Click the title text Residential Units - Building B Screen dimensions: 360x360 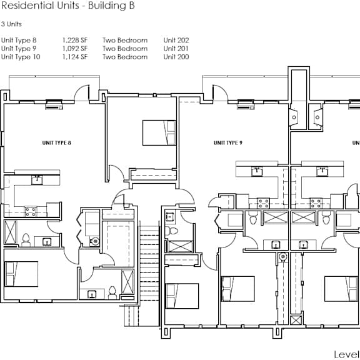67,6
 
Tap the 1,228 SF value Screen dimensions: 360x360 75,40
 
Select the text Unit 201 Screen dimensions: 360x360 176,49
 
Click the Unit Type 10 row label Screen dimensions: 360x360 21,57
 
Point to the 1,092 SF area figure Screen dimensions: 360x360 75,49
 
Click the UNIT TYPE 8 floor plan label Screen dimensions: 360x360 57,142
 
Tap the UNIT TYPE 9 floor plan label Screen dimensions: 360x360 228,142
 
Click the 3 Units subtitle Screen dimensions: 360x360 11,24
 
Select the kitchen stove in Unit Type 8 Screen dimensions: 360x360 31,211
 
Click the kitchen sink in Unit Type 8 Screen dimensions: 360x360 37,180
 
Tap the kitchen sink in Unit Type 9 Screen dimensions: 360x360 257,171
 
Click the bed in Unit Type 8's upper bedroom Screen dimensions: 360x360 159,132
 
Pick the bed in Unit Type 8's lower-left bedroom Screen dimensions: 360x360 21,274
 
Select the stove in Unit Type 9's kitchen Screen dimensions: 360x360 263,203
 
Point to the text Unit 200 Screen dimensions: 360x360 176,57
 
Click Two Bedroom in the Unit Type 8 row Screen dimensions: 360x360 125,40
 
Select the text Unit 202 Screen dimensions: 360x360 176,40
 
